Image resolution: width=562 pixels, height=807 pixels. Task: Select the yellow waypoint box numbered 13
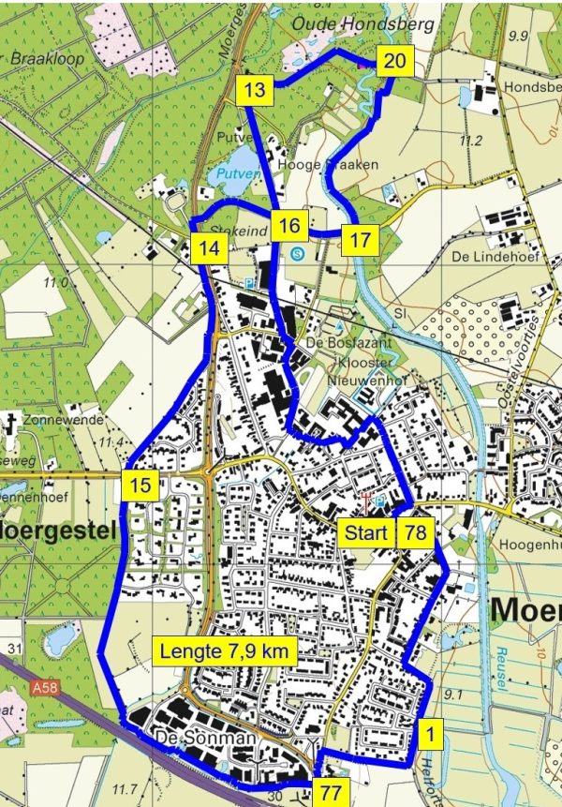(255, 91)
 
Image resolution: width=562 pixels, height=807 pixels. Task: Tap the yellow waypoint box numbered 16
(290, 225)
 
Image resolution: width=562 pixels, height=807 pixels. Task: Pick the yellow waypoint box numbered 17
(360, 240)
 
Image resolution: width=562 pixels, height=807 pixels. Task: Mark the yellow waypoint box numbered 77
(329, 793)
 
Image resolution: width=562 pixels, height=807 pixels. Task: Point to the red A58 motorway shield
(39, 689)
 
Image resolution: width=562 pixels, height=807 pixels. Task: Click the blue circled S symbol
(298, 252)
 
